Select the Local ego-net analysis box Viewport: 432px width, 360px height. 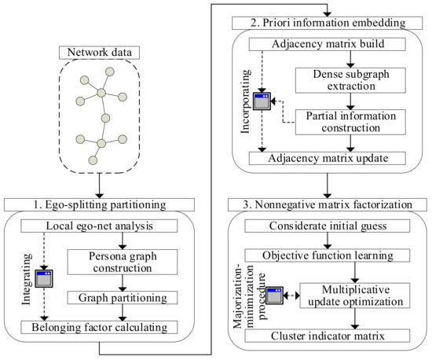tap(109, 227)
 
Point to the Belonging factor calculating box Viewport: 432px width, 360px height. tap(109, 326)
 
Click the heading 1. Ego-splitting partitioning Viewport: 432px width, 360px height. tap(108, 206)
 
